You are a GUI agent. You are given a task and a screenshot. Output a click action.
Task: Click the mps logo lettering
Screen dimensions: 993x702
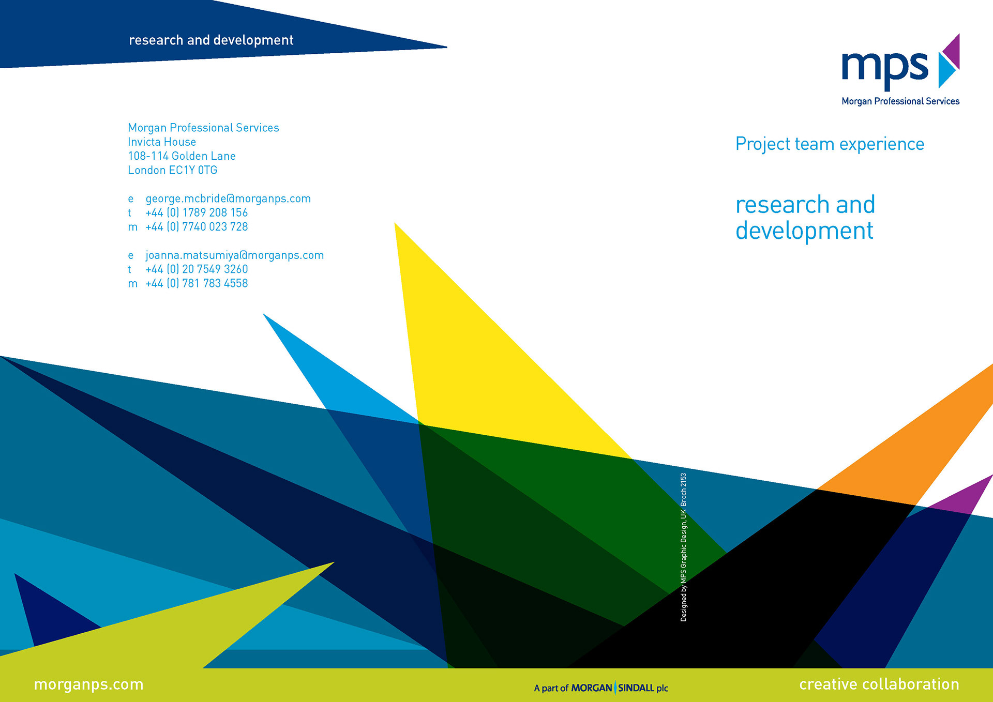(x=885, y=69)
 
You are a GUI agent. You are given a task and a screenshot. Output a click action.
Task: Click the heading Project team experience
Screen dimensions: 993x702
(x=830, y=144)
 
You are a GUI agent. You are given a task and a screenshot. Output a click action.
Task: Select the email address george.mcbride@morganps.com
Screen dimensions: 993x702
(x=228, y=199)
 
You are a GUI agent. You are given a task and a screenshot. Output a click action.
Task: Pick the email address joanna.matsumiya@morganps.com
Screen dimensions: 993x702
(x=235, y=255)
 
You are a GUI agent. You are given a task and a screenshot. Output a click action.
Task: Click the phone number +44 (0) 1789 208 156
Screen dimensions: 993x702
(x=197, y=212)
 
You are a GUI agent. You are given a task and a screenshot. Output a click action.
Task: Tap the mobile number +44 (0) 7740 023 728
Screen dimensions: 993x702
(x=197, y=226)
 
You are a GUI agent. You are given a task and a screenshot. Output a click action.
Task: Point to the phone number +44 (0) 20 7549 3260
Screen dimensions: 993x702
(x=197, y=269)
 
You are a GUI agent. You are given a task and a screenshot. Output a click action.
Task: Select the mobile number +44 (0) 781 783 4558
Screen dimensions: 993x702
(x=197, y=283)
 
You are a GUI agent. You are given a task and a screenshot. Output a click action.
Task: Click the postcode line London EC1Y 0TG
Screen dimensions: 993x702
(x=173, y=170)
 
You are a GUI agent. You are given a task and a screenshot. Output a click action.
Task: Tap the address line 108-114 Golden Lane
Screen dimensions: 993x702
(x=182, y=156)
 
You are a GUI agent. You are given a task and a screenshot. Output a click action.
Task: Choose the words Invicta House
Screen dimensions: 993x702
(x=162, y=142)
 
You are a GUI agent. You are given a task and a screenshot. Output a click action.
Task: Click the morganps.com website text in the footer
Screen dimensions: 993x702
(x=88, y=684)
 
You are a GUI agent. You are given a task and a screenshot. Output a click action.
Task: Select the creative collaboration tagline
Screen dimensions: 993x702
(x=879, y=684)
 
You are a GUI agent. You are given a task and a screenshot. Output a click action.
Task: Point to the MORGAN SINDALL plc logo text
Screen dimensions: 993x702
(x=620, y=688)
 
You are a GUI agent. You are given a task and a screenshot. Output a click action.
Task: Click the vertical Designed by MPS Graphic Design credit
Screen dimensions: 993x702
(x=683, y=547)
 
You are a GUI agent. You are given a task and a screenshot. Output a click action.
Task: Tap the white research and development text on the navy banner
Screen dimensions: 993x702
(x=211, y=40)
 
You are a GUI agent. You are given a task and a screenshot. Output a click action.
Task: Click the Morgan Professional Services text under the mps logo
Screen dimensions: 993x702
(x=900, y=101)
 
